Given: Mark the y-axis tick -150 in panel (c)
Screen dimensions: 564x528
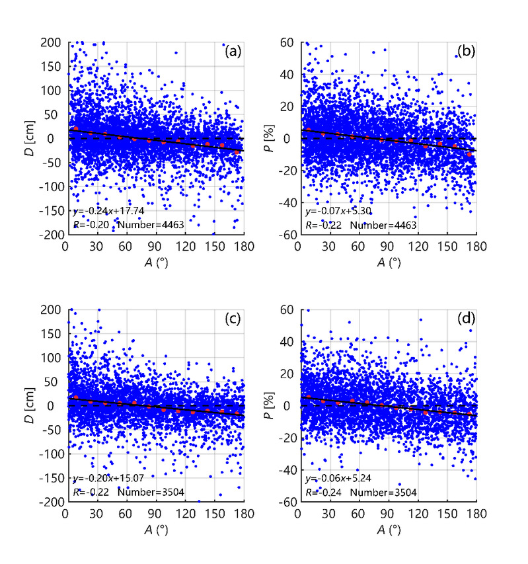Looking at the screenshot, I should point(49,478).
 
